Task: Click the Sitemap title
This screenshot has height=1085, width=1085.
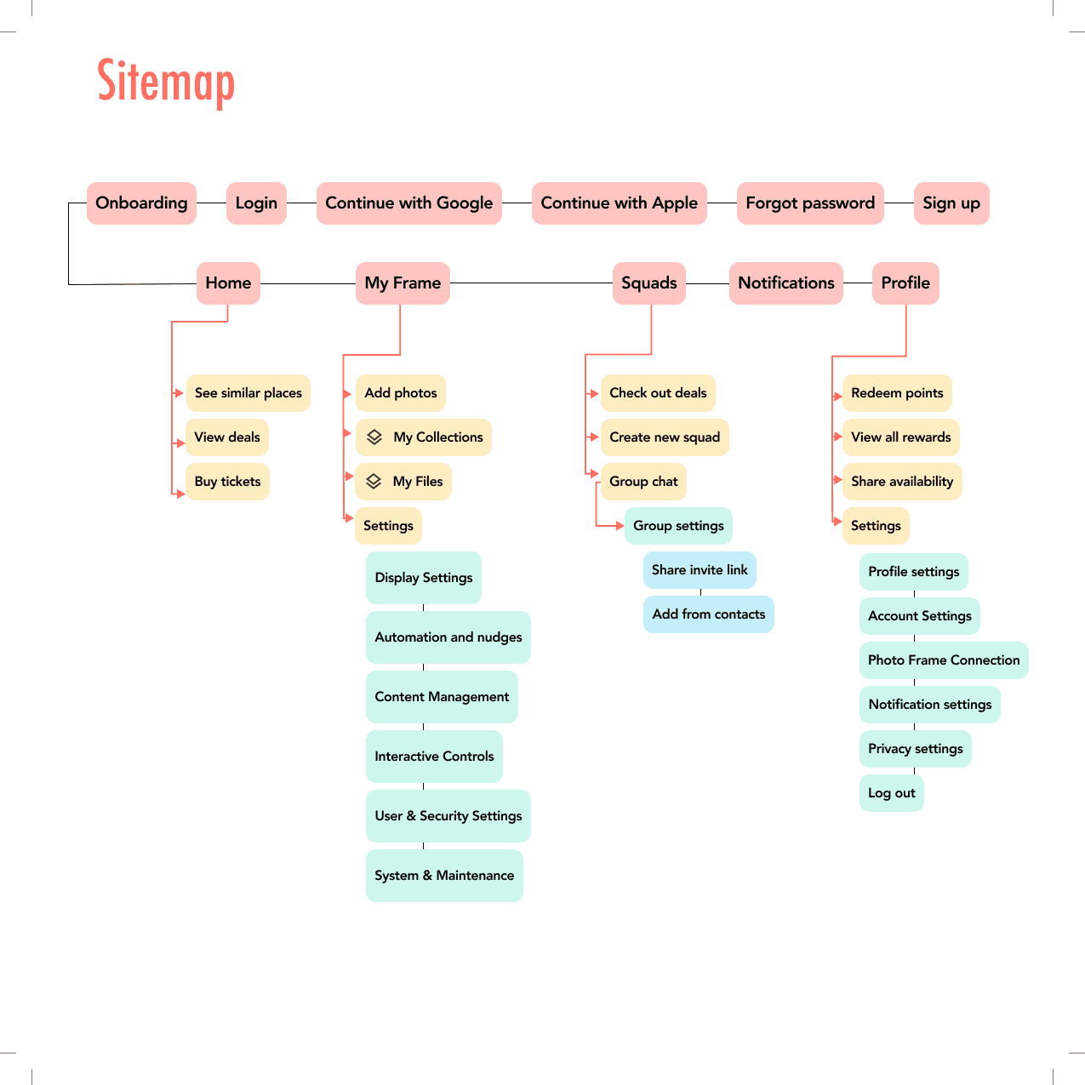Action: pyautogui.click(x=166, y=82)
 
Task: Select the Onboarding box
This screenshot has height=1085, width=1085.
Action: pyautogui.click(x=141, y=203)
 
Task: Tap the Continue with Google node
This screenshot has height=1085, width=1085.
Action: pyautogui.click(x=408, y=203)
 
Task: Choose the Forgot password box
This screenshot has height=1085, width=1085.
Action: pyautogui.click(x=810, y=203)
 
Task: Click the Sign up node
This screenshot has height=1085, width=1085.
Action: pyautogui.click(x=951, y=203)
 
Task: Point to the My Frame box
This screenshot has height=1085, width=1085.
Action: pyautogui.click(x=403, y=283)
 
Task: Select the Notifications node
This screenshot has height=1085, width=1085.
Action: pyautogui.click(x=785, y=283)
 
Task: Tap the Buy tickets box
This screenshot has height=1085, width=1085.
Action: pyautogui.click(x=227, y=482)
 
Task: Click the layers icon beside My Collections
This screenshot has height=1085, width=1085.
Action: pyautogui.click(x=374, y=437)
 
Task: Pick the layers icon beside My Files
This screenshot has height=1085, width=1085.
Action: pyautogui.click(x=374, y=482)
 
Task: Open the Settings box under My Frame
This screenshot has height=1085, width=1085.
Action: pyautogui.click(x=388, y=526)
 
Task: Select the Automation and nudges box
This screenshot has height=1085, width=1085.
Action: pyautogui.click(x=448, y=637)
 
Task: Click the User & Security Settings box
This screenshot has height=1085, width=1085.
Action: pyautogui.click(x=448, y=816)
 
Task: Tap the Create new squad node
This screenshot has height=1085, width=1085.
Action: pyautogui.click(x=665, y=437)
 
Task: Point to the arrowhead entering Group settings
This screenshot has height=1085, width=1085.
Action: pyautogui.click(x=620, y=526)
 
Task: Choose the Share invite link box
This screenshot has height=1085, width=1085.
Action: pyautogui.click(x=700, y=570)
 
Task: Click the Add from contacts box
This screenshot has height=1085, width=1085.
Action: pyautogui.click(x=708, y=614)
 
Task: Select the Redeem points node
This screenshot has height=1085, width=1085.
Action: pyautogui.click(x=897, y=393)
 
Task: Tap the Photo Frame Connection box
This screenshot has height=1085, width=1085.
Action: pyautogui.click(x=944, y=660)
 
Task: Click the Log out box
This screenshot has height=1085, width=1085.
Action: pyautogui.click(x=891, y=793)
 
